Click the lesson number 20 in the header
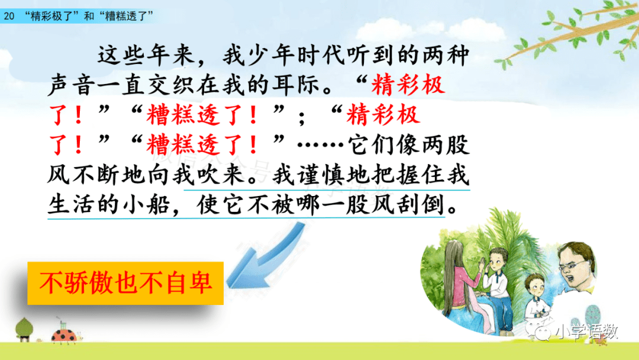[9, 17]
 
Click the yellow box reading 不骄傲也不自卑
[125, 283]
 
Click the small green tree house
[24, 329]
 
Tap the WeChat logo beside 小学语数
[540, 331]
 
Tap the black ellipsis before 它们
[321, 144]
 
